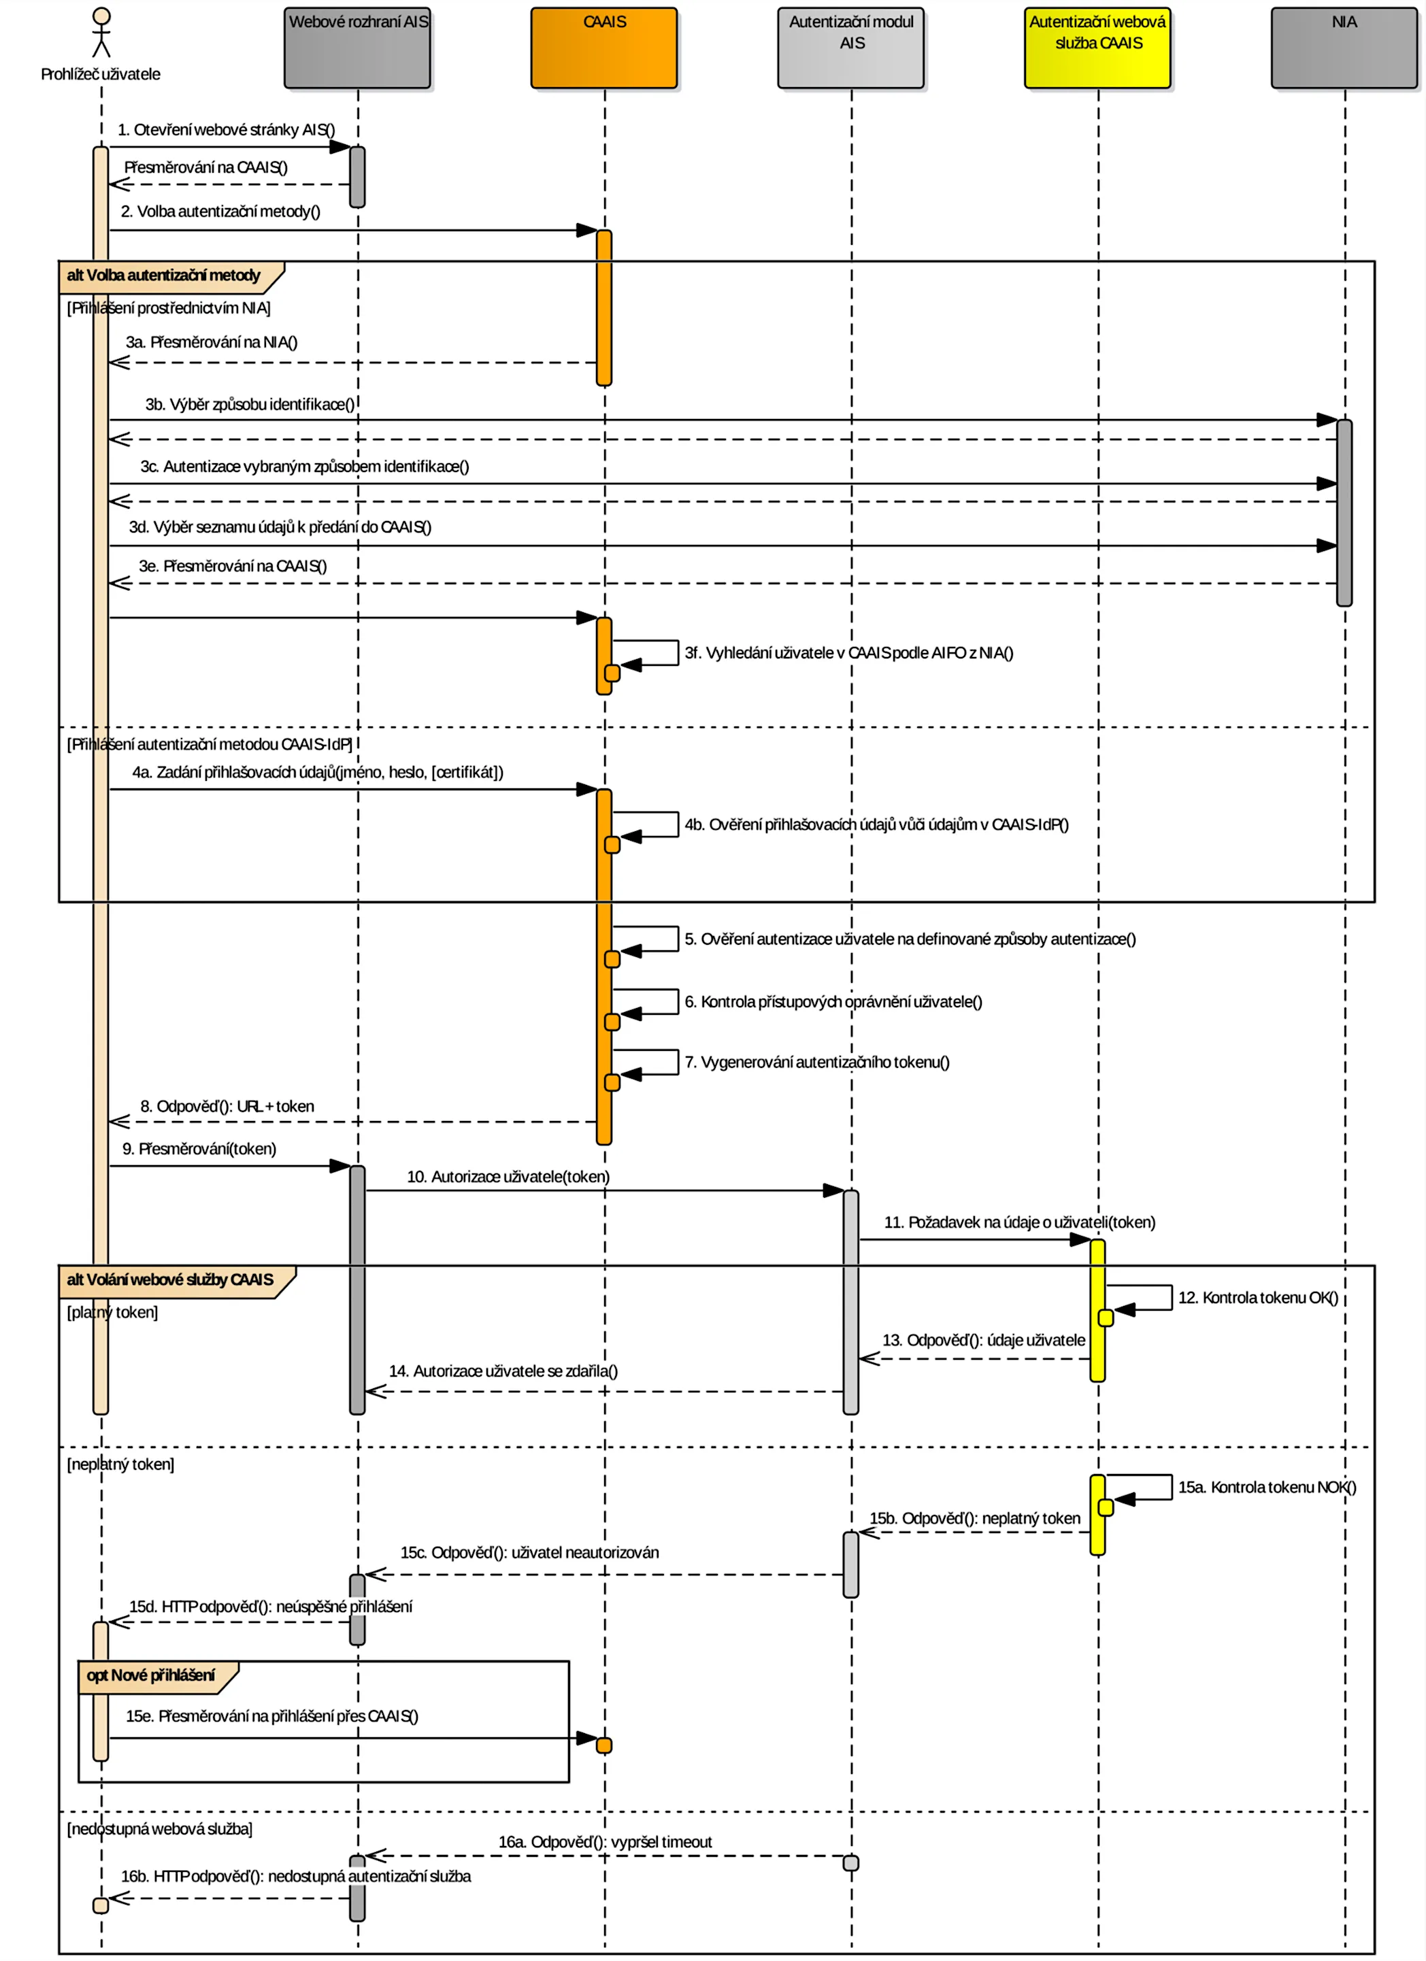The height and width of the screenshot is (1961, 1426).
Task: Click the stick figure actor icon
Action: (x=101, y=33)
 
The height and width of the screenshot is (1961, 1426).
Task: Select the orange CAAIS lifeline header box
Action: (x=603, y=48)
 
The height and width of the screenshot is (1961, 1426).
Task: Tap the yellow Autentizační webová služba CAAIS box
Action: (x=1097, y=48)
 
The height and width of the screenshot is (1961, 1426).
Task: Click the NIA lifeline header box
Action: (x=1343, y=48)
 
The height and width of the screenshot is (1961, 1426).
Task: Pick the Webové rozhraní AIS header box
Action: (x=357, y=48)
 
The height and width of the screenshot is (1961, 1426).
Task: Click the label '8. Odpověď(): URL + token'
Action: (x=227, y=1107)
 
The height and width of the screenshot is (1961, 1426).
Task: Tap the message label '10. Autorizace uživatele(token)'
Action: (x=508, y=1177)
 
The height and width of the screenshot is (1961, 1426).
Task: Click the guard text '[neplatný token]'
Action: (x=120, y=1464)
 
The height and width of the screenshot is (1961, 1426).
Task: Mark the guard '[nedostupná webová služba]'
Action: (x=160, y=1829)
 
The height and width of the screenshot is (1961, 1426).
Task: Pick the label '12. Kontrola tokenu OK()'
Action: (x=1257, y=1298)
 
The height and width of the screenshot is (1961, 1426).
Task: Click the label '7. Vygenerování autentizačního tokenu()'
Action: (x=816, y=1062)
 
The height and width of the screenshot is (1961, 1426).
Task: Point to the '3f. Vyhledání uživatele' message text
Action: (x=848, y=653)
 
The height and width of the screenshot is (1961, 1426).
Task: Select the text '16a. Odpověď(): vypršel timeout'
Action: (x=604, y=1842)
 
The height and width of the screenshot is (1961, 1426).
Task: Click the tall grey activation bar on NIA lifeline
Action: (x=1344, y=512)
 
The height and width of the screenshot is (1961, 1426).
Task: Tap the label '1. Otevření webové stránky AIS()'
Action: (x=226, y=130)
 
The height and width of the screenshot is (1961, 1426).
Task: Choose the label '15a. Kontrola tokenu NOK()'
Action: (x=1266, y=1487)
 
